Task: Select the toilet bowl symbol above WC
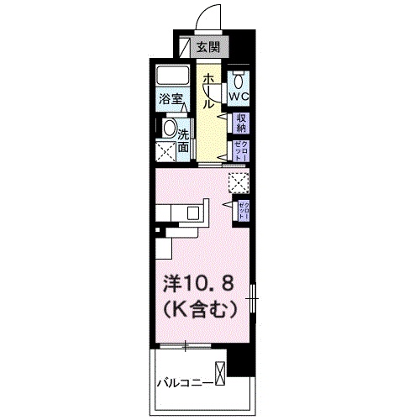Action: [239, 81]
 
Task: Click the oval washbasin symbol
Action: [169, 129]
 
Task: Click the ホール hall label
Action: [207, 91]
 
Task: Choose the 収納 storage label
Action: [240, 123]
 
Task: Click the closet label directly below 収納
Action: [240, 151]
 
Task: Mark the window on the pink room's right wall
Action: [253, 298]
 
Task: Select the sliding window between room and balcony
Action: [185, 345]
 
